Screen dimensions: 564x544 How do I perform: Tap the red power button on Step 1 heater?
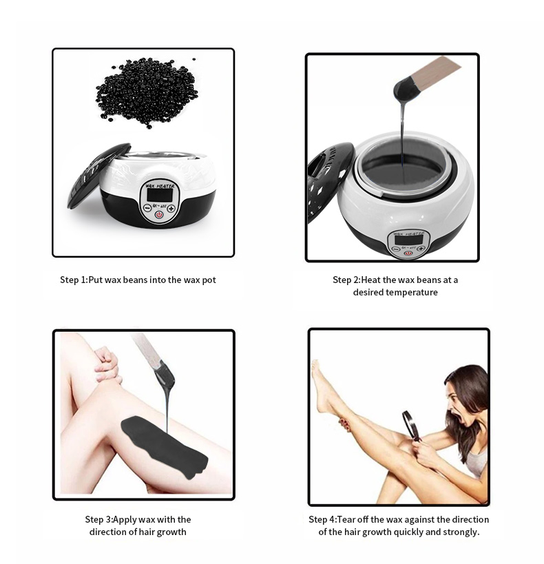click(159, 215)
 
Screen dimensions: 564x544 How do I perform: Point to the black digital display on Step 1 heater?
click(159, 195)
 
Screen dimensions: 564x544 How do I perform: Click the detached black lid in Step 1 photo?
click(97, 176)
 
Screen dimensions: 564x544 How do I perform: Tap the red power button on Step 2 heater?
click(408, 252)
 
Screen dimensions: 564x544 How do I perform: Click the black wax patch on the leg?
click(163, 444)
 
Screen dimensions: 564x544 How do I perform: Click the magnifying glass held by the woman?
click(410, 424)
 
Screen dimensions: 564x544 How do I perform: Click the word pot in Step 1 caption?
click(208, 280)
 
